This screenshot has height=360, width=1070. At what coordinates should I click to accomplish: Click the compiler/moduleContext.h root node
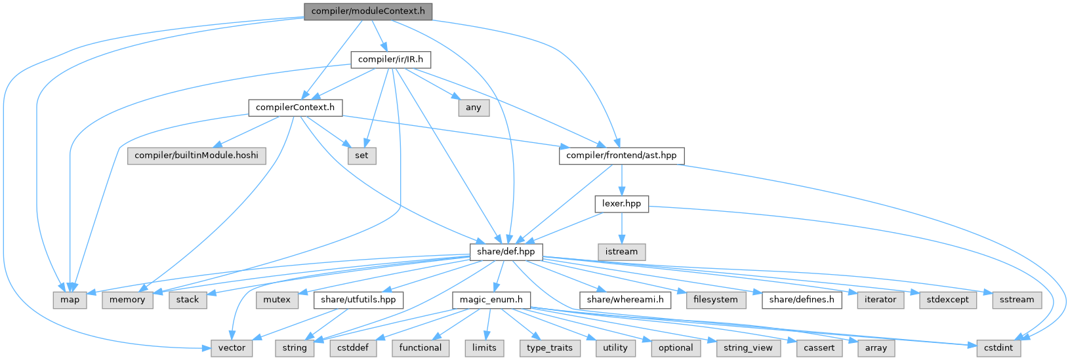click(x=368, y=11)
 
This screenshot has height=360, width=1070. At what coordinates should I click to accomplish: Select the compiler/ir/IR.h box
click(x=390, y=60)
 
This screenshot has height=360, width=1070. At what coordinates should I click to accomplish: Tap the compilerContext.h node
click(x=295, y=108)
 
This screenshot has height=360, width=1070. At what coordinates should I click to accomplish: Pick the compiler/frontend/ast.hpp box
click(x=621, y=156)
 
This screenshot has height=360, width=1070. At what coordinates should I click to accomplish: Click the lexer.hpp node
click(x=621, y=204)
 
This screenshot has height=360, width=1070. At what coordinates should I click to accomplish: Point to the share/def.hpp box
click(x=506, y=252)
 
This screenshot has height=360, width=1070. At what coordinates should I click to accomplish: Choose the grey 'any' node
click(x=473, y=108)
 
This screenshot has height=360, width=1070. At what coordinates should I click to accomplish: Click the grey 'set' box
click(x=361, y=156)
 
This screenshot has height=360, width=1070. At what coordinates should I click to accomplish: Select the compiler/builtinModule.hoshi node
click(x=197, y=156)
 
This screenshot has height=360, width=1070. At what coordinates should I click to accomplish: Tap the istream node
click(x=621, y=252)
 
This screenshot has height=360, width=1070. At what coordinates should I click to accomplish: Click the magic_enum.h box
click(x=491, y=300)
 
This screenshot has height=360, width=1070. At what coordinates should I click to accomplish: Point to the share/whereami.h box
click(x=625, y=300)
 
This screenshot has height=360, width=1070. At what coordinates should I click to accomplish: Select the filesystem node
click(x=716, y=300)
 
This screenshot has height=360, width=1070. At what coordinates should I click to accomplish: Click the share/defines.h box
click(x=802, y=300)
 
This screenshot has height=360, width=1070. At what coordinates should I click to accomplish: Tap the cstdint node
click(x=998, y=348)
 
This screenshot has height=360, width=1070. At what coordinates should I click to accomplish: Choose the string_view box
click(x=748, y=348)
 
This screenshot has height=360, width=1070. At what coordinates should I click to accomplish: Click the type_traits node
click(x=550, y=348)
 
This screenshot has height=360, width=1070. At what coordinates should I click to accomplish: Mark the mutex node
click(x=276, y=300)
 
